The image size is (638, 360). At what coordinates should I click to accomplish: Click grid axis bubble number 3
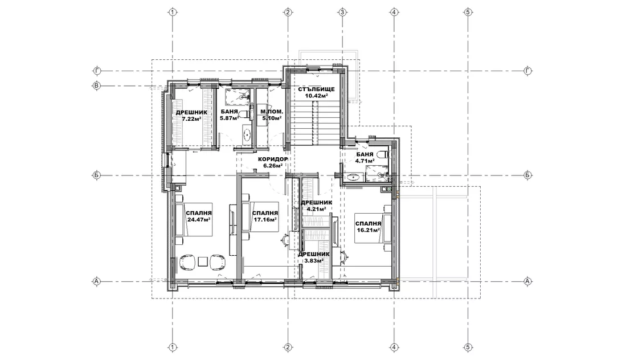point(342,12)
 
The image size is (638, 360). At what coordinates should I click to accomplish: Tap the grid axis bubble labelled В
point(96,86)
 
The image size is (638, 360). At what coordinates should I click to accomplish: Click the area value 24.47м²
point(199,220)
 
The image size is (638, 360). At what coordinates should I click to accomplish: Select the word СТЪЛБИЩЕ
point(316,89)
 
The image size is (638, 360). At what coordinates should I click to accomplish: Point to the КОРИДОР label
point(273,159)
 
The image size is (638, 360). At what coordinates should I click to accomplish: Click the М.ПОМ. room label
point(271,112)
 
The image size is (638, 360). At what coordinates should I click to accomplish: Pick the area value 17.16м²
point(265,220)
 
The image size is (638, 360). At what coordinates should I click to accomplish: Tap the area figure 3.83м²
point(314,261)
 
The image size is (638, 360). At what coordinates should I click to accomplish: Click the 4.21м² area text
point(316,209)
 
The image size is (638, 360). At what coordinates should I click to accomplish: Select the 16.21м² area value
point(368,230)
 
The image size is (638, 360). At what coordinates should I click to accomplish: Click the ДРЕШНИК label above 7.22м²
point(191,112)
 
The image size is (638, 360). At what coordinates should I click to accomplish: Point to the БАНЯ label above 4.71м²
point(365,154)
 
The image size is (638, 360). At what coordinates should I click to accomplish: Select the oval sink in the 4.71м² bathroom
point(353,177)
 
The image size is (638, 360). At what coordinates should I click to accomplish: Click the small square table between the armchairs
point(203,261)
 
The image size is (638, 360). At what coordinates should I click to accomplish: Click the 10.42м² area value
point(317,96)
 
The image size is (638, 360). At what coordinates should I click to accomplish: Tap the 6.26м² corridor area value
point(273,166)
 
